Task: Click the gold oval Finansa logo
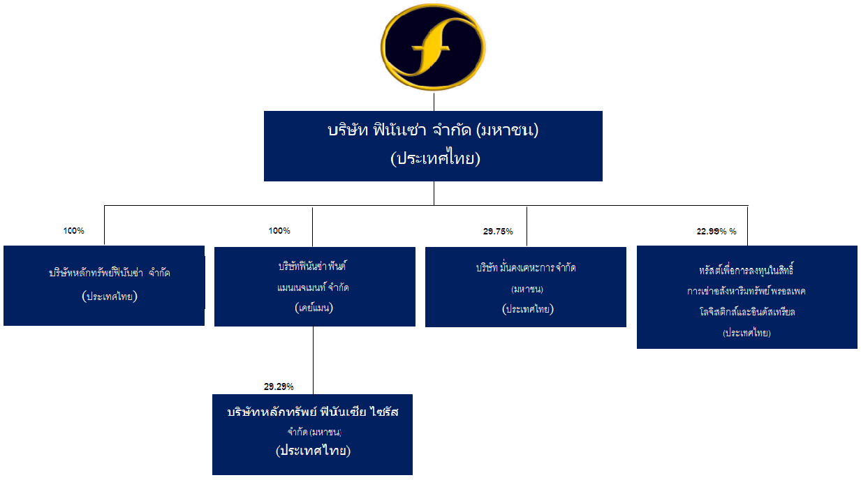point(433,47)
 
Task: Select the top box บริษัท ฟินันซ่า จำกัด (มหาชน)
point(433,146)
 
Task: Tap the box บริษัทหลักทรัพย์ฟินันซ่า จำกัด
point(104,285)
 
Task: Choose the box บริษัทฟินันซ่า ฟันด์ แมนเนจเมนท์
point(315,287)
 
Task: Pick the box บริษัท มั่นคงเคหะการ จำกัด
point(526,287)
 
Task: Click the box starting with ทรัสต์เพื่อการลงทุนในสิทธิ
point(747,297)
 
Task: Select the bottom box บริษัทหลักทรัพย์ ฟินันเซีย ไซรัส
point(313,435)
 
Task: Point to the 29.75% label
point(498,231)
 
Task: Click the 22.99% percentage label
point(716,231)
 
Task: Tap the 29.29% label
point(279,387)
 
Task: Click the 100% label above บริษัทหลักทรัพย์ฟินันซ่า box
point(74,231)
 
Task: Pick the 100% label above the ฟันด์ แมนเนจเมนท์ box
point(279,231)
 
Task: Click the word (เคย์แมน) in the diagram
point(314,308)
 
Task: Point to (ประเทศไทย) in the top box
point(436,158)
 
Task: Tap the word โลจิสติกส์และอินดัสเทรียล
point(747,312)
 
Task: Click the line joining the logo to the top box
point(434,102)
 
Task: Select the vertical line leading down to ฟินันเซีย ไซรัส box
point(314,360)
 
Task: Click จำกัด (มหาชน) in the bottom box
point(314,432)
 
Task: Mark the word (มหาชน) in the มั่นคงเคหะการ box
point(527,289)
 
